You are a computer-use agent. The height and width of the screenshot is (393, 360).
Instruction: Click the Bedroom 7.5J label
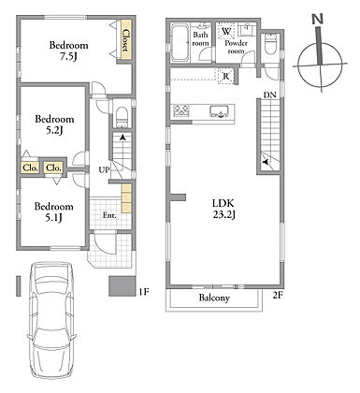(x=68, y=51)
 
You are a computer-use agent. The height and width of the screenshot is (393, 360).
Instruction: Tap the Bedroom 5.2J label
(x=54, y=124)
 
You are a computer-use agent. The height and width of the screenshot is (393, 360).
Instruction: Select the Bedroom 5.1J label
(x=54, y=211)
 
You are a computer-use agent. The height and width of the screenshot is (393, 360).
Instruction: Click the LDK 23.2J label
(x=223, y=209)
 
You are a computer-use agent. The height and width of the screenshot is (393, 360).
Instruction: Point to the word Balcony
(x=214, y=298)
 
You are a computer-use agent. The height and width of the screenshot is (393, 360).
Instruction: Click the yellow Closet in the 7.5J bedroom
(x=125, y=39)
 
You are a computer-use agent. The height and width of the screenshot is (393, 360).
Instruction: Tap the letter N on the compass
(x=318, y=20)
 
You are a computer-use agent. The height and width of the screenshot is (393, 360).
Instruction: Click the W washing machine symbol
(x=226, y=31)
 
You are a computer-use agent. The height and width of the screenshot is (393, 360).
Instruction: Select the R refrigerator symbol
(x=226, y=76)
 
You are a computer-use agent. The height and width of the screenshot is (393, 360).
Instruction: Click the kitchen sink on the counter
(x=220, y=111)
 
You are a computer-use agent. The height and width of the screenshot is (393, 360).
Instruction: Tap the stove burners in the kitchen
(x=181, y=111)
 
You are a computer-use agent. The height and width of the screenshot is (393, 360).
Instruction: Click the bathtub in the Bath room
(x=180, y=42)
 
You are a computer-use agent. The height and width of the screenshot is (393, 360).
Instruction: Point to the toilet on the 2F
(x=270, y=44)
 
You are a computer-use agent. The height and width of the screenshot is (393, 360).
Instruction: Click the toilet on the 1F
(x=122, y=118)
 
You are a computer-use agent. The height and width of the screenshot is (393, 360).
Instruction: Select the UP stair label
(x=105, y=170)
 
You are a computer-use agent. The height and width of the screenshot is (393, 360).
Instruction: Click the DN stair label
(x=270, y=95)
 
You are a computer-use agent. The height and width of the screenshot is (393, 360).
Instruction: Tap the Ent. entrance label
(x=109, y=215)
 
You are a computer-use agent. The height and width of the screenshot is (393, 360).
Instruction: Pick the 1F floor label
(x=144, y=292)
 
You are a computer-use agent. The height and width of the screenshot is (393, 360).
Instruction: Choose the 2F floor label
(x=278, y=295)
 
